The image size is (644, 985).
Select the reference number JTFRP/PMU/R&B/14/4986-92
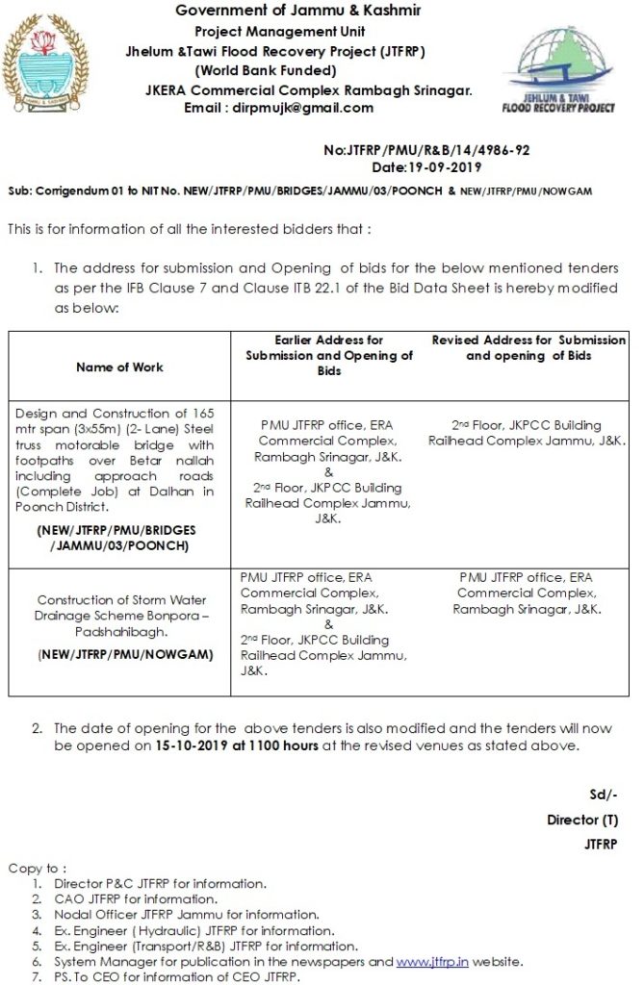tap(427, 150)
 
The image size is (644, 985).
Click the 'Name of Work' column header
tap(119, 366)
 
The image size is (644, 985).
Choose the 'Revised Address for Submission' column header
tap(528, 347)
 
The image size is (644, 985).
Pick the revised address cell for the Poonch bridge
tap(528, 432)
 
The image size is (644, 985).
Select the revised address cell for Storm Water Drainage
tap(528, 593)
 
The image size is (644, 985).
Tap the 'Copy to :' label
tap(38, 868)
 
